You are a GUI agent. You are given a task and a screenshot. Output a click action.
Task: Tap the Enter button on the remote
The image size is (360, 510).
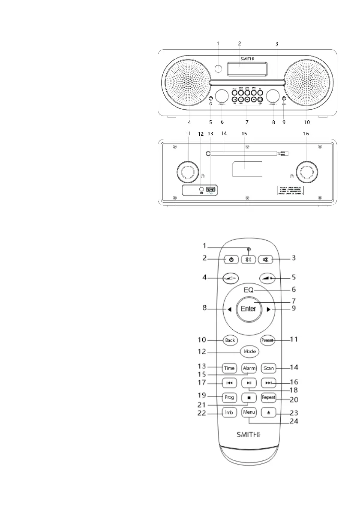pyautogui.click(x=248, y=308)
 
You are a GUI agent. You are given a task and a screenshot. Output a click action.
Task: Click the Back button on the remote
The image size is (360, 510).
pyautogui.click(x=230, y=340)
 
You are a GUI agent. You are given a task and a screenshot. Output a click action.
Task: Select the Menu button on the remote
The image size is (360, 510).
pyautogui.click(x=249, y=412)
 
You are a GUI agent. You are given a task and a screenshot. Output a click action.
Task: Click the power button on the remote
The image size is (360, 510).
pyautogui.click(x=231, y=259)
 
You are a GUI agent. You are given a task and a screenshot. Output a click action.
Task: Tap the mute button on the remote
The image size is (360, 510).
pyautogui.click(x=266, y=259)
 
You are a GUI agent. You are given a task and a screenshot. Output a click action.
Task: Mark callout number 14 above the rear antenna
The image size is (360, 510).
pyautogui.click(x=223, y=134)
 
